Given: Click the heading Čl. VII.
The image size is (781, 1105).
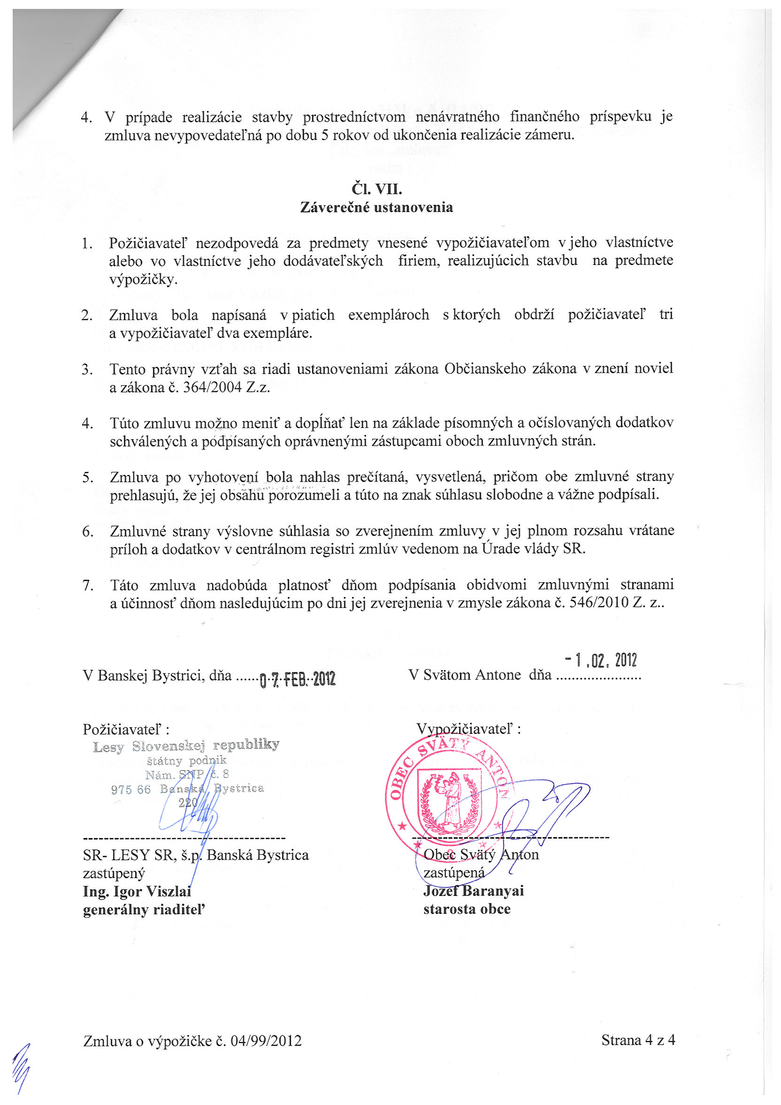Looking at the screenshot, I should click(x=376, y=189).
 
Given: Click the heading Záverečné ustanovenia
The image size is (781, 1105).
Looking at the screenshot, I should click(x=376, y=208).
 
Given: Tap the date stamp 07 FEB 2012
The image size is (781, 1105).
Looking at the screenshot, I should click(x=297, y=679).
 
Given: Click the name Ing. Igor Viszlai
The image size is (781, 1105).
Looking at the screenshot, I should click(x=137, y=891).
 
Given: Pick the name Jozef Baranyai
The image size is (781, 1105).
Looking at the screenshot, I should click(x=473, y=891).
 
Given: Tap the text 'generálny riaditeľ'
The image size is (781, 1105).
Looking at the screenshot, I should click(x=144, y=910).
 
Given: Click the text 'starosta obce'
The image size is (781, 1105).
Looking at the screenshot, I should click(x=467, y=909).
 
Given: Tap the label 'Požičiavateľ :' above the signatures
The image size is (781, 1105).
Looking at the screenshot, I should click(x=126, y=729).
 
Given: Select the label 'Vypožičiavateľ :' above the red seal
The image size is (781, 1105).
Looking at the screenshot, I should click(x=468, y=729).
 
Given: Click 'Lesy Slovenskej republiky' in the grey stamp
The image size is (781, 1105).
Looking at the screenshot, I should click(x=186, y=746).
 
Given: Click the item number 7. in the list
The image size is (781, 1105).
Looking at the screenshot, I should click(x=88, y=585).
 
